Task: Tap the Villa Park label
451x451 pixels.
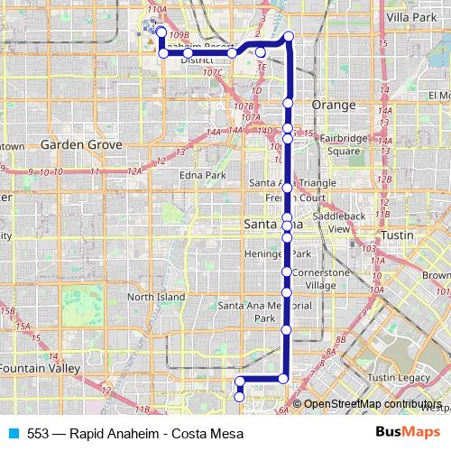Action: [x=410, y=17]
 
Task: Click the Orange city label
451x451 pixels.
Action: [x=334, y=105]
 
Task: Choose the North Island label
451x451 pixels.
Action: [x=154, y=297]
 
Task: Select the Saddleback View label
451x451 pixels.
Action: [x=345, y=223]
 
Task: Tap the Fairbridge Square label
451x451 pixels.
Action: [x=347, y=144]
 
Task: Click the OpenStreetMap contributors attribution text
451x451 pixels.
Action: [x=373, y=403]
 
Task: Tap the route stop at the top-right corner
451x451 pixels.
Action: [x=289, y=36]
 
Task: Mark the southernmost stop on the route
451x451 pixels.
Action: [x=240, y=396]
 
